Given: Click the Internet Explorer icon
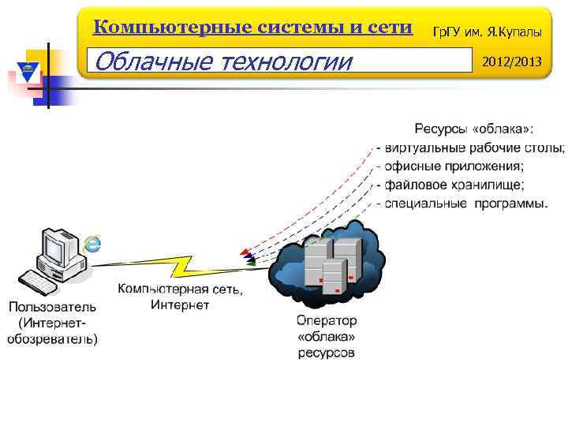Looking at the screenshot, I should click(94, 244).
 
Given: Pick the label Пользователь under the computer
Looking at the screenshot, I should click(53, 307).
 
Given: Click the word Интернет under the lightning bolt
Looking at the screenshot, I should click(180, 305).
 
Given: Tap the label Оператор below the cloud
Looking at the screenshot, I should click(326, 321).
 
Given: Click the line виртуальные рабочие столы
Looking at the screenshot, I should click(473, 148).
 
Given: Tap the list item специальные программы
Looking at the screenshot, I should click(465, 204).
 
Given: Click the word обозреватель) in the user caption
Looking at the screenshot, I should click(53, 339).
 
